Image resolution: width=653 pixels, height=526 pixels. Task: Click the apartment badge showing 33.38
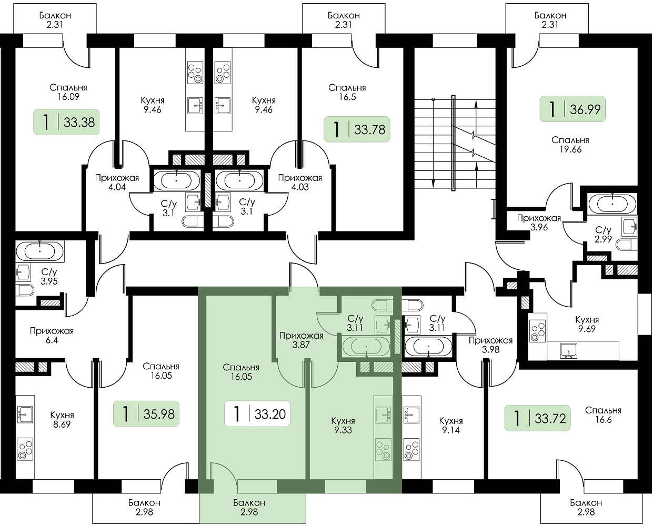click(66, 122)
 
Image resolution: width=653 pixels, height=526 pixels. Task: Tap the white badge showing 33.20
click(257, 414)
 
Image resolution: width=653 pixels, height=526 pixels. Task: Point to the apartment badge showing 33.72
click(537, 418)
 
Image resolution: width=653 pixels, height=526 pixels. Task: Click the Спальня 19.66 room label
click(570, 145)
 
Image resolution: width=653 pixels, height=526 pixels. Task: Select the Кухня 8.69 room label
click(62, 420)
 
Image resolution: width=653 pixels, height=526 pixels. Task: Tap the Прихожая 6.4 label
click(52, 336)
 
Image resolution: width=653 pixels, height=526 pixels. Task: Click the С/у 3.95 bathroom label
click(49, 277)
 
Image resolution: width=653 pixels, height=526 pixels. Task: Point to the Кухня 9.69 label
click(587, 324)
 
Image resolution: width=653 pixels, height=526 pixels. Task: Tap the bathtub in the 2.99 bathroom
click(612, 203)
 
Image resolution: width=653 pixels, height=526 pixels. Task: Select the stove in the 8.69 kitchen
click(25, 449)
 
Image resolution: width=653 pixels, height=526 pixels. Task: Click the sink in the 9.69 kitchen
click(568, 350)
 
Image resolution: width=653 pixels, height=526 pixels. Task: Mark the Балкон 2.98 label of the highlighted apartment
click(249, 507)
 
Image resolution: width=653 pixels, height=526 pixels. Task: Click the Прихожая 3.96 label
click(539, 222)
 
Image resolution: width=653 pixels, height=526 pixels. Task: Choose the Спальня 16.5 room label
click(347, 92)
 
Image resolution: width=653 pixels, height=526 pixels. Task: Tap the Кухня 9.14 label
click(451, 425)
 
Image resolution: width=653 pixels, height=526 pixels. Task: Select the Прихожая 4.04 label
click(117, 182)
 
